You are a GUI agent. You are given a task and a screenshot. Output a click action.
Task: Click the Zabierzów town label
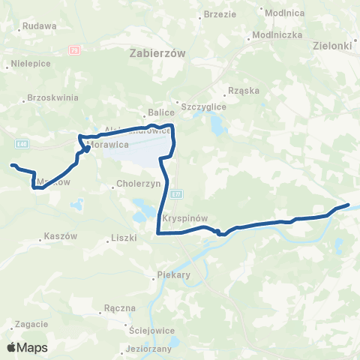[x=157, y=53]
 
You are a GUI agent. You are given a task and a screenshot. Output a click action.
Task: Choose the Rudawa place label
[x=40, y=25]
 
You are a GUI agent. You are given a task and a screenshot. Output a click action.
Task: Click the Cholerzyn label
[x=136, y=184]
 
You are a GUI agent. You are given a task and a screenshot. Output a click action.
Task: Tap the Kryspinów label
[x=185, y=218]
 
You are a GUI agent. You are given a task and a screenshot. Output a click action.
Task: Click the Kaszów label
[x=61, y=235]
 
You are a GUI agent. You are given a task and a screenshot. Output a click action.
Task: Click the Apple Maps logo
[x=27, y=348]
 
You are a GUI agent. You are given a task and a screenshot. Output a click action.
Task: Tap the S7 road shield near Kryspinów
[x=175, y=194]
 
